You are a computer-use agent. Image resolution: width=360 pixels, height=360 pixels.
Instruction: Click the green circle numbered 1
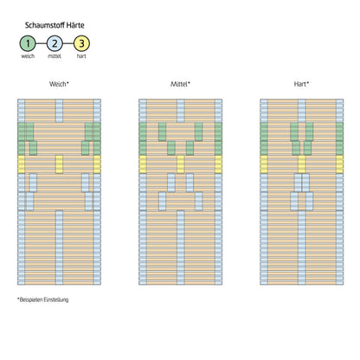click(28, 43)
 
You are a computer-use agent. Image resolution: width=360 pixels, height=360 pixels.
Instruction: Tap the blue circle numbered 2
click(55, 43)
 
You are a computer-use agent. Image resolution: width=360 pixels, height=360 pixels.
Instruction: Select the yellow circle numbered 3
click(81, 43)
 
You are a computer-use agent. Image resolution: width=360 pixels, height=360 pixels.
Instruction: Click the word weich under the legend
click(28, 56)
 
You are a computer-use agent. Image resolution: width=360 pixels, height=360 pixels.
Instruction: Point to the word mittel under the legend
click(55, 56)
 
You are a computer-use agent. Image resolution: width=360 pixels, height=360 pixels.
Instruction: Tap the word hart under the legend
click(81, 56)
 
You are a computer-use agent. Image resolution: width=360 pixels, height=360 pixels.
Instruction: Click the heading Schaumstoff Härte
click(55, 25)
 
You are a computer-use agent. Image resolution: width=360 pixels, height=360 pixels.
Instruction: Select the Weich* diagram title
click(59, 84)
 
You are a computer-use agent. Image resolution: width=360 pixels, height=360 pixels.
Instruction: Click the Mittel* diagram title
click(180, 84)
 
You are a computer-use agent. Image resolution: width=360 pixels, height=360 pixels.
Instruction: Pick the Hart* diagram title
click(301, 84)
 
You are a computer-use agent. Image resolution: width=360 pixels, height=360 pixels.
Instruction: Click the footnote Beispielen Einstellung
click(43, 299)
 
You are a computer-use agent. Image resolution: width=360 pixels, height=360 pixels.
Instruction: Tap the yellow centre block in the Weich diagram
click(59, 164)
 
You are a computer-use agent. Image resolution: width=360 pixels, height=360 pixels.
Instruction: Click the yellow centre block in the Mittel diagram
click(181, 164)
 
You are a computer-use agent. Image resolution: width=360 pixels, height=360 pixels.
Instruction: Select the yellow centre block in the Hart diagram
click(302, 164)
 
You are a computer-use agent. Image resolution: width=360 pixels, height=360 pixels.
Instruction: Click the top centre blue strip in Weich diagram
click(59, 111)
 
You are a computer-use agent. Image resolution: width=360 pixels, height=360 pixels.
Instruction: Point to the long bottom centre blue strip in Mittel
click(181, 247)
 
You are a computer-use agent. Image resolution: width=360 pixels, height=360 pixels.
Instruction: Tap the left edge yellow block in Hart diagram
click(264, 164)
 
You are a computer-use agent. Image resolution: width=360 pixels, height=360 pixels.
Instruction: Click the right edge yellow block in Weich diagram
click(97, 164)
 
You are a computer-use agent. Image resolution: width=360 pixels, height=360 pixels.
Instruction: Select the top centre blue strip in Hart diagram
click(302, 111)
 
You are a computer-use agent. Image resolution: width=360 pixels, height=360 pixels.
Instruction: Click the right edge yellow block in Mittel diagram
click(219, 164)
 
